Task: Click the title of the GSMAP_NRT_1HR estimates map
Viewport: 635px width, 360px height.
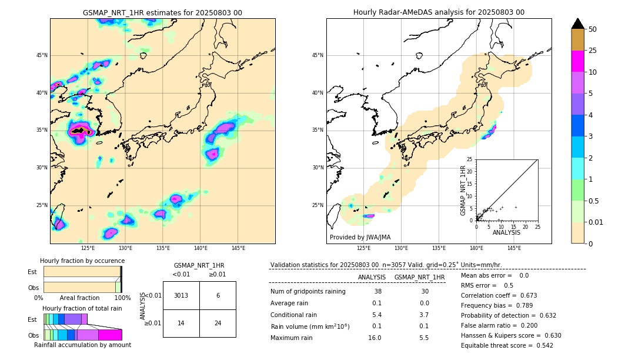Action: [162, 12]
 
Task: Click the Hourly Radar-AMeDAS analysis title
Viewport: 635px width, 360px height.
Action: [439, 12]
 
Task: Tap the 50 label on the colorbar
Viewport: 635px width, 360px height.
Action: [593, 29]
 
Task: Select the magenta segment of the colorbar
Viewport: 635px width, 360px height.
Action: [577, 61]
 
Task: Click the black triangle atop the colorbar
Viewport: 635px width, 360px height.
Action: [577, 24]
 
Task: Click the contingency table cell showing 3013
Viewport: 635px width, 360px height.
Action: [181, 295]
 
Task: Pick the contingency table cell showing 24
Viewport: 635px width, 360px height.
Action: [218, 323]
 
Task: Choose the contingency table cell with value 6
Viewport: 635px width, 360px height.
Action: [218, 295]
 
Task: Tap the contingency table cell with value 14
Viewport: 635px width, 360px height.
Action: [181, 323]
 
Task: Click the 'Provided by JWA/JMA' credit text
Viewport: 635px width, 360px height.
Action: [360, 238]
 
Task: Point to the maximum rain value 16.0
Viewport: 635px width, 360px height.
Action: [375, 338]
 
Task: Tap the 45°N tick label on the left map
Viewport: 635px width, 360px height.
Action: [42, 55]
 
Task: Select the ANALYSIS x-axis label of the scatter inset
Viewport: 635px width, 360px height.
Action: [506, 232]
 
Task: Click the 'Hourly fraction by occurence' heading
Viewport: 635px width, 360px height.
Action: [82, 261]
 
